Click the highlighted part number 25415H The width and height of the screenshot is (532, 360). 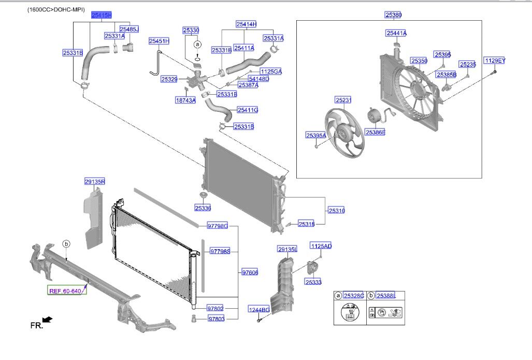101,16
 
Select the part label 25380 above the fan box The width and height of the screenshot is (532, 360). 393,16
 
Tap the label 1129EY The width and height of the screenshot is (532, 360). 495,61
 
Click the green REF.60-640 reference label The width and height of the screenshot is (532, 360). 66,291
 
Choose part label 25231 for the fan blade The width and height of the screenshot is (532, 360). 343,100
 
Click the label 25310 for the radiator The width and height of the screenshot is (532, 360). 336,210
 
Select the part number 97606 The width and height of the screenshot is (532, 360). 249,272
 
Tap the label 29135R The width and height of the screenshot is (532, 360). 95,182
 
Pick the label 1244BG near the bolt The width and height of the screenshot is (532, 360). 258,310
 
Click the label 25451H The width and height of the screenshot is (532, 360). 159,41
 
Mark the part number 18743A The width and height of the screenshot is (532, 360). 185,100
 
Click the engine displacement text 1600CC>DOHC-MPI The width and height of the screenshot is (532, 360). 56,9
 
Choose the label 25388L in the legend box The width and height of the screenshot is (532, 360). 386,296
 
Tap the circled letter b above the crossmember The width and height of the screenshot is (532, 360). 66,243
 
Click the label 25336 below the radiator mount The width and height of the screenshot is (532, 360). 203,208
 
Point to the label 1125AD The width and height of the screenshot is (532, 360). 321,246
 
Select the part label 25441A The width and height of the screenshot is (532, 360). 396,33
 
